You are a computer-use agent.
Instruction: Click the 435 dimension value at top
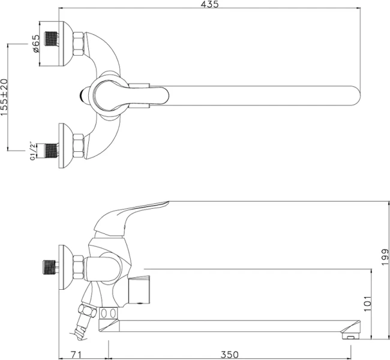[x=209, y=5]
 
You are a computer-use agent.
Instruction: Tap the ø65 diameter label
[x=35, y=44]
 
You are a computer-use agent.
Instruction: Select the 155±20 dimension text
[x=5, y=96]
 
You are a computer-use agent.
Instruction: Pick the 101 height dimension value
[x=367, y=303]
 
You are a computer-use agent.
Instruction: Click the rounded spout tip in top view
[x=354, y=95]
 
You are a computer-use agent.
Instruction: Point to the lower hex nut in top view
[x=78, y=146]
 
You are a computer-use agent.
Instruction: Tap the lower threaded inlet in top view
[x=53, y=150]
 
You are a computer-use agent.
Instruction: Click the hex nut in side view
[x=78, y=267]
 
